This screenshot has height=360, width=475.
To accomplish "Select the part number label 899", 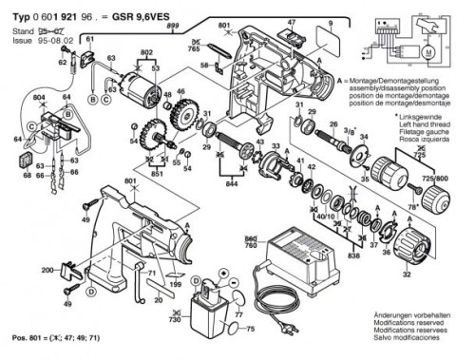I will coord(171,27).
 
